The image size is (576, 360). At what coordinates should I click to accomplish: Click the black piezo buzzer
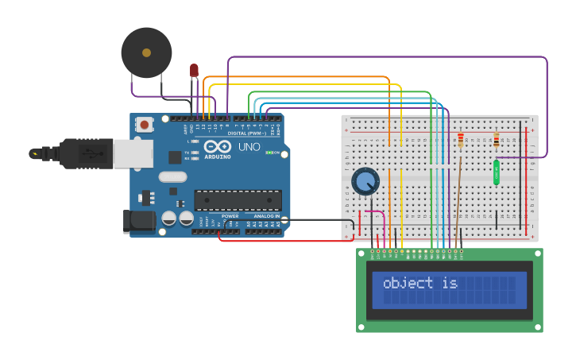click(x=146, y=52)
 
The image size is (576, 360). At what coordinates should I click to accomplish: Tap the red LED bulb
click(x=194, y=71)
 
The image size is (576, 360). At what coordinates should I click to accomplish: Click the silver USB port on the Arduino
click(x=133, y=153)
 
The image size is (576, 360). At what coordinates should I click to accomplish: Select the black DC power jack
click(x=139, y=222)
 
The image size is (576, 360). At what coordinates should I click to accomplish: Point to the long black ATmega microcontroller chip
click(x=238, y=200)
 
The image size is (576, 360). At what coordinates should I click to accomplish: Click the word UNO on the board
click(x=249, y=147)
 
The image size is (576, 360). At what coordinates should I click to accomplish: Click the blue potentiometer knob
click(x=365, y=181)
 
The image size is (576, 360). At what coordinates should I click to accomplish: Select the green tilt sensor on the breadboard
click(x=497, y=172)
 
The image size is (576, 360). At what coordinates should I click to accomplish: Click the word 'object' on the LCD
click(x=408, y=283)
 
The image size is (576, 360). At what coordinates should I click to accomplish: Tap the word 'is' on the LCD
click(x=450, y=283)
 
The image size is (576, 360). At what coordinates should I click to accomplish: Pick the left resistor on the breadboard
click(x=461, y=141)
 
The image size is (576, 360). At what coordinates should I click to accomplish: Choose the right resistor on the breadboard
click(x=497, y=141)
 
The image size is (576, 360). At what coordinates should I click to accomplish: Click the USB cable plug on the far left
click(x=48, y=153)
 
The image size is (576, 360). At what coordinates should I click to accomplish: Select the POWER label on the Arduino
click(x=230, y=216)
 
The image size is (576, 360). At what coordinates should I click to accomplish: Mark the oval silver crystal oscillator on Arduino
click(x=172, y=176)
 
